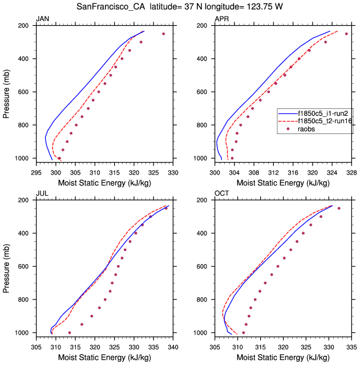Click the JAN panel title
coord(43,19)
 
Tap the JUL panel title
coord(42,194)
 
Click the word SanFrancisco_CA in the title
coord(109,7)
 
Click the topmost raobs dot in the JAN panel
coord(164,34)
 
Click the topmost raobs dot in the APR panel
coord(346,34)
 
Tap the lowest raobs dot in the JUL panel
coord(70,332)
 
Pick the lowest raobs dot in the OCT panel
coord(244,332)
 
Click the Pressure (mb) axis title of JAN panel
coord(7,92)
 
